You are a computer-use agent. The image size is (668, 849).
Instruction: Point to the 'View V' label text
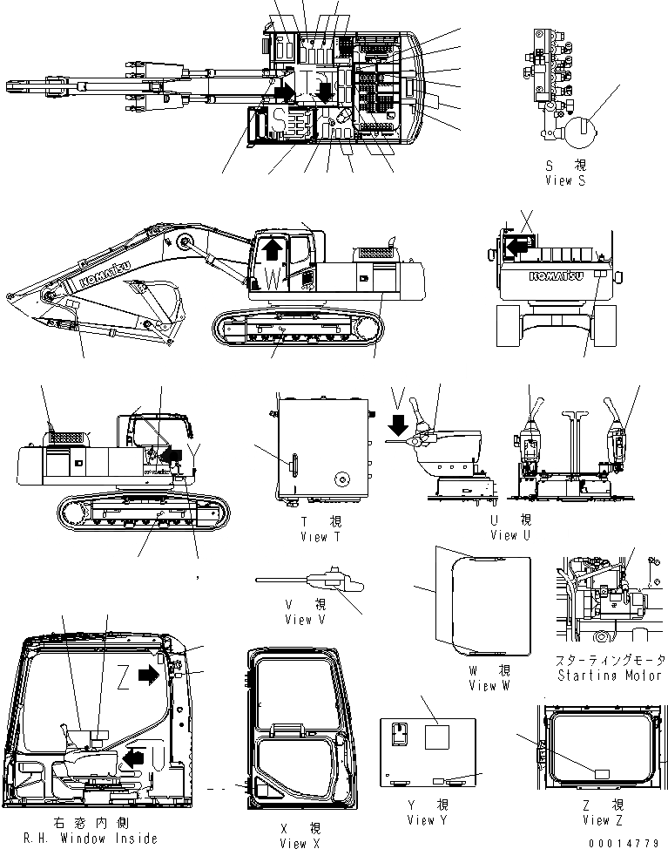tap(305, 620)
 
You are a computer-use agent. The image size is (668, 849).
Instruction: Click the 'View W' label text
tap(494, 686)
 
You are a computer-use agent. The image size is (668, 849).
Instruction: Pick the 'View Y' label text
tap(427, 820)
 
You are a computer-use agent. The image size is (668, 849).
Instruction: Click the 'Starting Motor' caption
tap(607, 676)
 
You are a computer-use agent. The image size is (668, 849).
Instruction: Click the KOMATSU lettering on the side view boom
tap(103, 274)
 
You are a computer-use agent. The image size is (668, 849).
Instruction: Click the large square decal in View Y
tap(438, 737)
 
